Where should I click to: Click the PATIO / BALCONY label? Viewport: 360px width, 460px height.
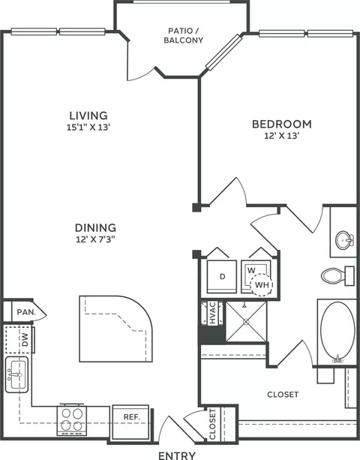pos(184,35)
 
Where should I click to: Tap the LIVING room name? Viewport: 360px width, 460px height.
pos(88,116)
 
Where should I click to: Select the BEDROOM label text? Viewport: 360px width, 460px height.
pos(282,124)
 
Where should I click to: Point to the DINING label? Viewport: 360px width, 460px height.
pos(95,227)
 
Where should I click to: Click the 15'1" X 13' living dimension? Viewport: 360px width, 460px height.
pos(88,128)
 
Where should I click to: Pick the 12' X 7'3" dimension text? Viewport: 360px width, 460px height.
pos(95,239)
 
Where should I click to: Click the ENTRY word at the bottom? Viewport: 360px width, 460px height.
pos(177,455)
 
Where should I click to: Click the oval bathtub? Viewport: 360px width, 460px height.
pos(337,331)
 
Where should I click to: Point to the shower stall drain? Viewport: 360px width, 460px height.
pos(246,322)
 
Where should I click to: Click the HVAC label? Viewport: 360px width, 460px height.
pos(212,313)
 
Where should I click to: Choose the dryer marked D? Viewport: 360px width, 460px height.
pos(222,276)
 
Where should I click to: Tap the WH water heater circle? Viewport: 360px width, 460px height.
pos(262,285)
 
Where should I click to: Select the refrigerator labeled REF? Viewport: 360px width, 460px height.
pos(130,422)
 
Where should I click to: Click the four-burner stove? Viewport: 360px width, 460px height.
pos(72,419)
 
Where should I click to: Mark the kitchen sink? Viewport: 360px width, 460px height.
pos(16,374)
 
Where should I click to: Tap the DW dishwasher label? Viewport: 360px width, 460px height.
pos(25,339)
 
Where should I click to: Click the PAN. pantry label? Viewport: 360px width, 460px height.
pos(26,312)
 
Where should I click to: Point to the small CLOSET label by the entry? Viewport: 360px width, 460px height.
pos(212,424)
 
